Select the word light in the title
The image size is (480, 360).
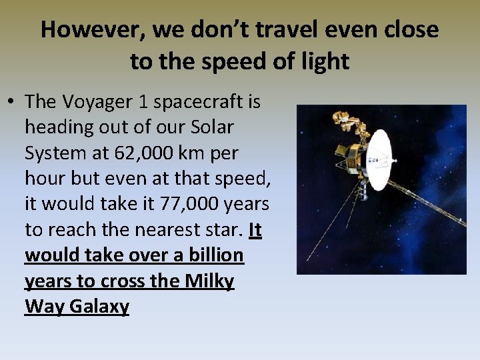pyautogui.click(x=325, y=61)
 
